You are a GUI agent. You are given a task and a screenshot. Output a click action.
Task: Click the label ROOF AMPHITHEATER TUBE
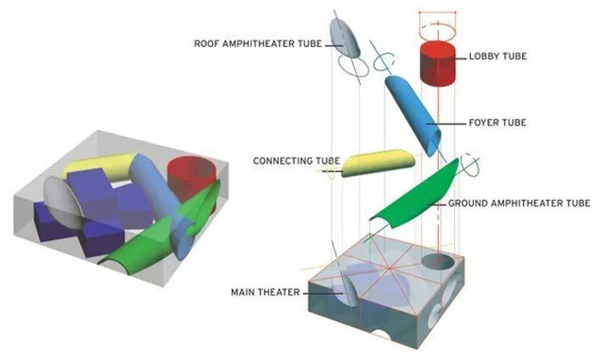[x=257, y=43]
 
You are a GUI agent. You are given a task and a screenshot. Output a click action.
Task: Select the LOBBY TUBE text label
[x=497, y=57]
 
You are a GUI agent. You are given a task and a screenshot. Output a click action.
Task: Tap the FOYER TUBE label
[x=497, y=123]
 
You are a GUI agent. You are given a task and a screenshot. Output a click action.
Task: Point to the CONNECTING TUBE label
[x=297, y=160]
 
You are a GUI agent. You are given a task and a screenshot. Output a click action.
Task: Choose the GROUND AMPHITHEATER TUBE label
[x=519, y=204]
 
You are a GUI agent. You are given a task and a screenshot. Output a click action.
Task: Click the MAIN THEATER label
[x=266, y=292]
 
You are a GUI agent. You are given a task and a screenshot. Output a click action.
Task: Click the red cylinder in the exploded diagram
[x=438, y=63]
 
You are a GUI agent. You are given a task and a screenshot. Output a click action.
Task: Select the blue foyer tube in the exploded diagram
[x=413, y=115]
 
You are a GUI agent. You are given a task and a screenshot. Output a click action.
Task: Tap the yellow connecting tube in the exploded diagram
[x=378, y=162]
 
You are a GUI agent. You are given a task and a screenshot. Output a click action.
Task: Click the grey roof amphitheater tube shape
[x=345, y=37]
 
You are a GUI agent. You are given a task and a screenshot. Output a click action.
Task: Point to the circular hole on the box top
[x=438, y=263]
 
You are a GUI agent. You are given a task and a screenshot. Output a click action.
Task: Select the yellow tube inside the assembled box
[x=99, y=166]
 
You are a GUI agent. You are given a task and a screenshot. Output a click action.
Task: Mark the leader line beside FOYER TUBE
[x=447, y=123]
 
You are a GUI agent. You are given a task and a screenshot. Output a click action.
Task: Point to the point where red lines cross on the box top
[x=389, y=267]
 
